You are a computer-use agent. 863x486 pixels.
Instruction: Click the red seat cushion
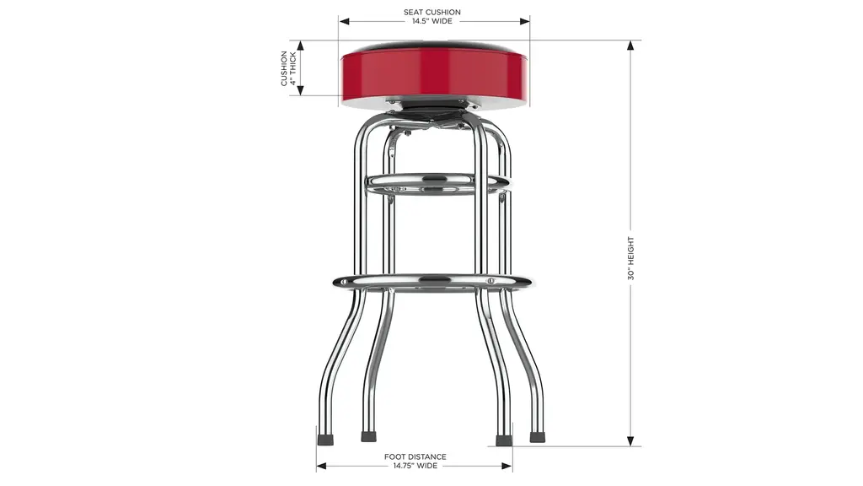[x=435, y=74]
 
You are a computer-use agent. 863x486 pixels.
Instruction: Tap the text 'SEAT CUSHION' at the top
[x=432, y=12]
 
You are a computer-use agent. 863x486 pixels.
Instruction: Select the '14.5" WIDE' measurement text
[x=432, y=21]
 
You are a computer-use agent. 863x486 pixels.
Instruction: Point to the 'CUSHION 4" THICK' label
[x=288, y=68]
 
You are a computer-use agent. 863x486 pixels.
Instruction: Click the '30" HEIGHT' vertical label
[x=630, y=258]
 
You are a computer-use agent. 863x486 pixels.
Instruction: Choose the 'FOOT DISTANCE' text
[x=415, y=456]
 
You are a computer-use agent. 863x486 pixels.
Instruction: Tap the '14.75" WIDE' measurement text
[x=415, y=466]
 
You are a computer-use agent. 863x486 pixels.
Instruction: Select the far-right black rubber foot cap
[x=537, y=438]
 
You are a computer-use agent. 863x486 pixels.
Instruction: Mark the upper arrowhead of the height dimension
[x=630, y=46]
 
